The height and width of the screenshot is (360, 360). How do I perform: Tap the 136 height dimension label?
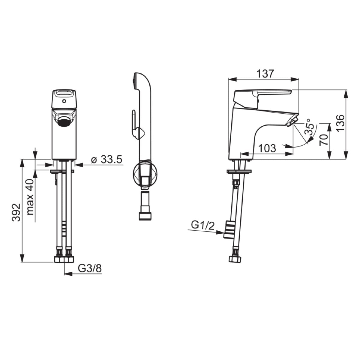point(340,123)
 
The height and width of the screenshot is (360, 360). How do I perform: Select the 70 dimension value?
point(324,140)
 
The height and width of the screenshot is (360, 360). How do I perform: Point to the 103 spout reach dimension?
point(267,148)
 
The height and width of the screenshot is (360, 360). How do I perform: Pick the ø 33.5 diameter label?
point(107,159)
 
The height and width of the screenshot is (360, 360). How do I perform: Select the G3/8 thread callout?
point(90,268)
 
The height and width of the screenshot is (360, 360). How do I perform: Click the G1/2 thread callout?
point(203,226)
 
